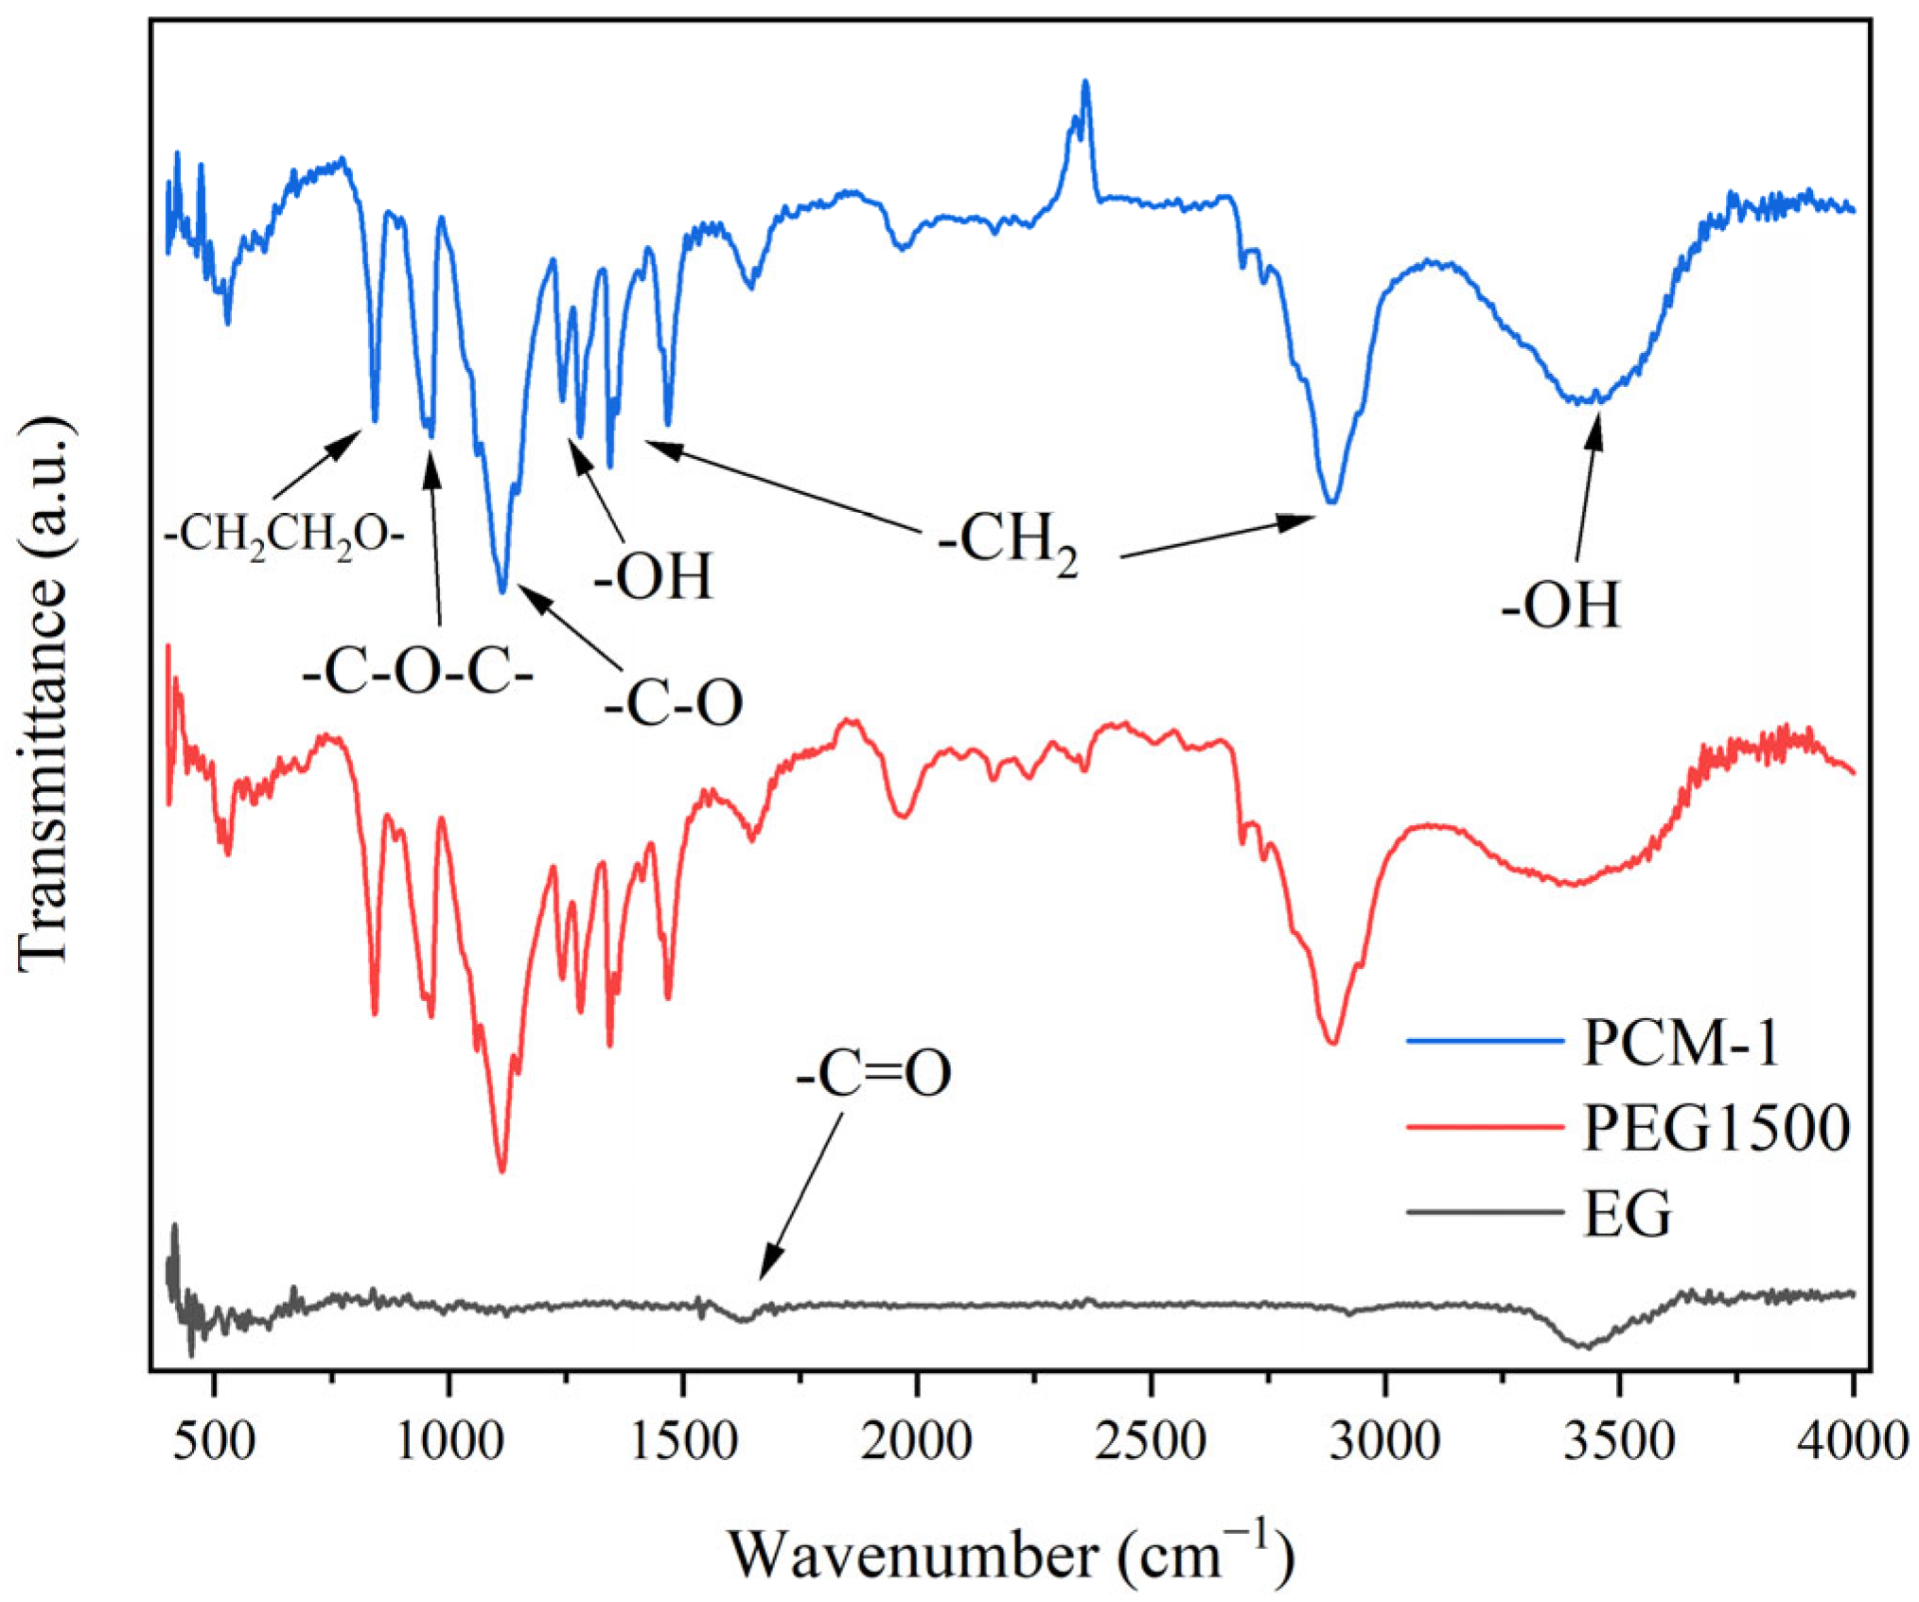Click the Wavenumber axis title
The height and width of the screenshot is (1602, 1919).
tap(1010, 1553)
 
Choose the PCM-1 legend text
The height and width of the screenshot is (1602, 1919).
tap(1681, 1043)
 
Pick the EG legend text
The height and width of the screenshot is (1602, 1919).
tap(1628, 1213)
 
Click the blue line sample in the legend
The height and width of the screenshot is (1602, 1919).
tap(1484, 1042)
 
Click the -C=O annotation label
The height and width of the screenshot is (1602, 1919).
tap(872, 1075)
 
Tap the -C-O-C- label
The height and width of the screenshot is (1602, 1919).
tap(418, 675)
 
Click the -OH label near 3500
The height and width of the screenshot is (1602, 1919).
tap(1560, 606)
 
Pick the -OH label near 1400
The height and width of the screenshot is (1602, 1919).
tap(653, 576)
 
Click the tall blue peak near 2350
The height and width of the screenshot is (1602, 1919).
tap(1085, 83)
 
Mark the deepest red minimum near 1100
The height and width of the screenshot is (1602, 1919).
tap(502, 1171)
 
